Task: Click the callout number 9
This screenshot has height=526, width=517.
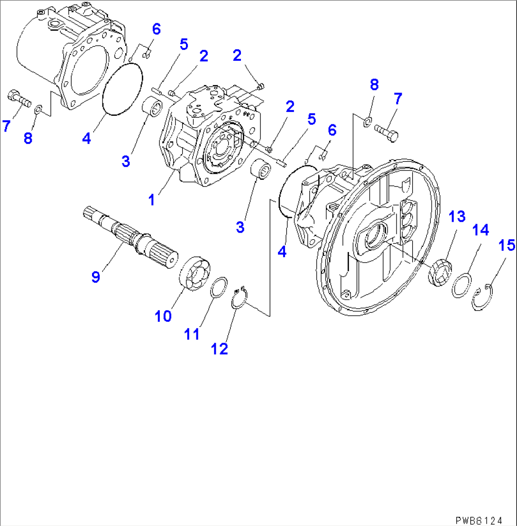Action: tap(96, 277)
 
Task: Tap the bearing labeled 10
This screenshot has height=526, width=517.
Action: tap(194, 274)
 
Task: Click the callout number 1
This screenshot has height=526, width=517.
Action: tap(151, 200)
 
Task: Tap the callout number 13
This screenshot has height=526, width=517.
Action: tap(458, 217)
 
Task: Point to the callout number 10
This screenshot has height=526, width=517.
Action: tap(163, 316)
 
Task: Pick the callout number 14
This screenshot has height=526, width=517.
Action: tap(480, 231)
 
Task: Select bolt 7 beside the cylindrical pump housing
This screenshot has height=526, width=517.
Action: tap(18, 98)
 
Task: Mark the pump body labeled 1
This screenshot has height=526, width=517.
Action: tap(209, 138)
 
